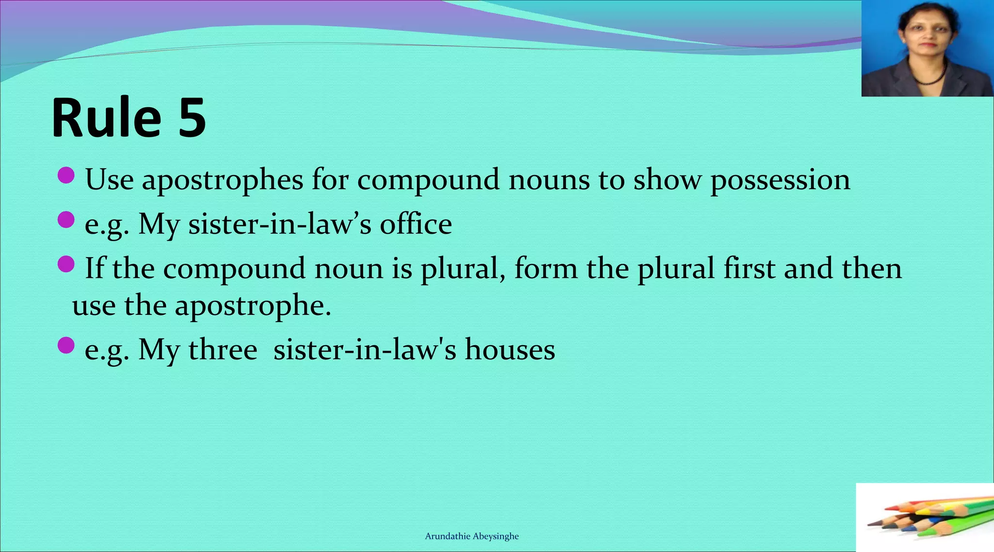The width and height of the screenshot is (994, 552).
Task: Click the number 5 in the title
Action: (x=192, y=118)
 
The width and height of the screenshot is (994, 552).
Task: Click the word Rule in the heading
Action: (x=106, y=118)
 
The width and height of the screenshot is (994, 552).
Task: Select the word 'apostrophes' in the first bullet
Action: (x=222, y=180)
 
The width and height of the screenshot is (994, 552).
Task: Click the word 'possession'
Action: (x=780, y=180)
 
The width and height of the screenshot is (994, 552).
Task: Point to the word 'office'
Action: (x=415, y=224)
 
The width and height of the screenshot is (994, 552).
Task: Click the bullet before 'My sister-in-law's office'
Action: (x=66, y=220)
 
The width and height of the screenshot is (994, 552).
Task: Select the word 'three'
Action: (x=222, y=350)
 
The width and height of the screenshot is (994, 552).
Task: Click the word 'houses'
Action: (x=510, y=350)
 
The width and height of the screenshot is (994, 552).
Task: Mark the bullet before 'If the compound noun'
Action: (x=66, y=264)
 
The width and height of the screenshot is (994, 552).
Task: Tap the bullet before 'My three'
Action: (x=66, y=345)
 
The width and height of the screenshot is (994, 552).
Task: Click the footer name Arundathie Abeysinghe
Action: (x=472, y=536)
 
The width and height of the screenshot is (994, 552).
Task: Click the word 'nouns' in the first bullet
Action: (x=549, y=180)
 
